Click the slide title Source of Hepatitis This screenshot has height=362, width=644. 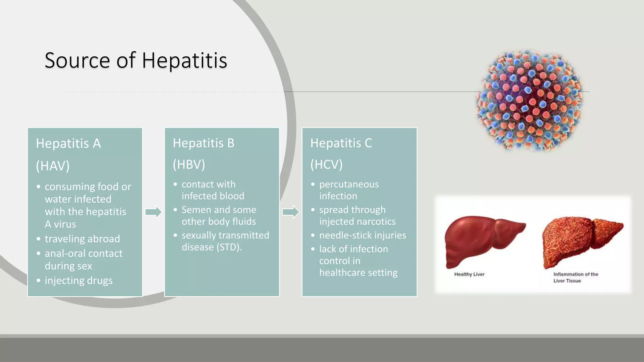[x=136, y=60]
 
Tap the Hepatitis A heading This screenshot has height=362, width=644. [x=68, y=144]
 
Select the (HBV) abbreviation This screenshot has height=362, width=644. [x=189, y=164]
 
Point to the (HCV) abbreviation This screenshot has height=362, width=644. [x=326, y=164]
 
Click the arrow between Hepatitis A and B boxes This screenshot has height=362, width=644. [x=153, y=212]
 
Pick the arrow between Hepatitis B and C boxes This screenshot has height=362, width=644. [x=291, y=212]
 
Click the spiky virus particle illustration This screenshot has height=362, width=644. [x=530, y=101]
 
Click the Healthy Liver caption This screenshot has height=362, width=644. [x=469, y=274]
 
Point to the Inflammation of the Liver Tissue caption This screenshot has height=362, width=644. [x=575, y=277]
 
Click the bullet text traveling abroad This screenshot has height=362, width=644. [x=82, y=239]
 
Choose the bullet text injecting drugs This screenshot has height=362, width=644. [x=79, y=280]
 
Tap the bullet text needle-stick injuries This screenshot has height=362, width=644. [x=363, y=235]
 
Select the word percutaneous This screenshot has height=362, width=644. [x=349, y=184]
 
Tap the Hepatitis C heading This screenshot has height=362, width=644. [x=341, y=143]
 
